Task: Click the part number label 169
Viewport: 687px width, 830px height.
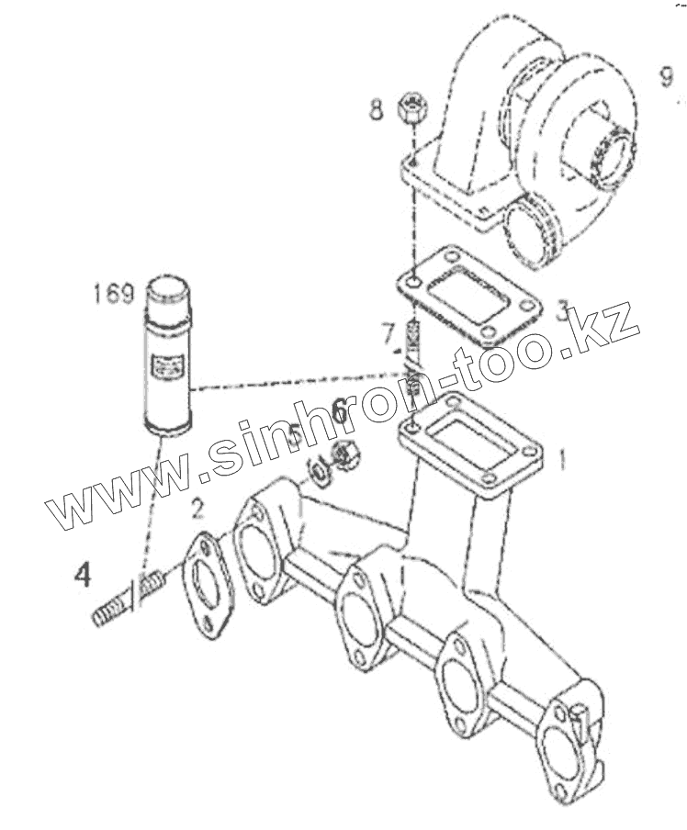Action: pyautogui.click(x=113, y=295)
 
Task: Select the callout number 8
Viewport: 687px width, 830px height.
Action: pyautogui.click(x=375, y=112)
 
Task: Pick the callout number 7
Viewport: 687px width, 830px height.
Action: pyautogui.click(x=389, y=331)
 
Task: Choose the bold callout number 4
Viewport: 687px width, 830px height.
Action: pyautogui.click(x=84, y=576)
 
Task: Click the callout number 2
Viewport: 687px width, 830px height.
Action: pyautogui.click(x=197, y=507)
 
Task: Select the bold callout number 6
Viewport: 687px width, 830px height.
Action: pyautogui.click(x=339, y=410)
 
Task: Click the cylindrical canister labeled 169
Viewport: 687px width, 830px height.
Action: pyautogui.click(x=168, y=354)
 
